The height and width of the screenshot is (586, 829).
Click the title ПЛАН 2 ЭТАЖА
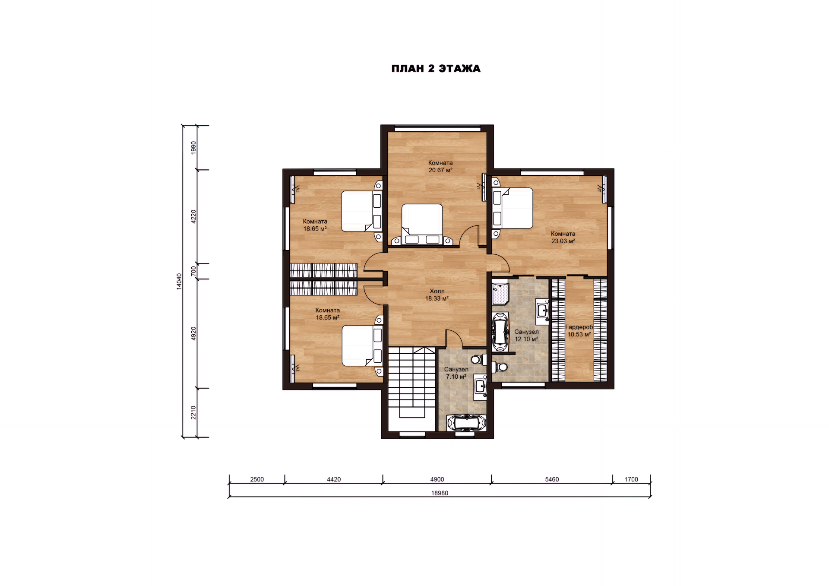[x=436, y=69]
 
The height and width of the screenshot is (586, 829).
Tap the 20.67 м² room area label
[x=440, y=170]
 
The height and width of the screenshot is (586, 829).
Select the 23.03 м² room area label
[x=563, y=241]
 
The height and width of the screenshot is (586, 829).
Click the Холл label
[x=437, y=291]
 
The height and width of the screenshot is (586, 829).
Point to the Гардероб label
[x=579, y=327]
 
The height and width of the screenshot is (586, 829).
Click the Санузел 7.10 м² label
[x=456, y=373]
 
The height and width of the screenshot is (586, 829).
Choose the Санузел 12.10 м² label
[x=526, y=336]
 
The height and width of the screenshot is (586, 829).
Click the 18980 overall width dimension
[x=440, y=493]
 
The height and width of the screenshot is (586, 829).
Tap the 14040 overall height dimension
[x=179, y=282]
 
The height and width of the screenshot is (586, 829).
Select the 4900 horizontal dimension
[x=437, y=479]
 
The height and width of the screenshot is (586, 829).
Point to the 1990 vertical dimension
[x=193, y=148]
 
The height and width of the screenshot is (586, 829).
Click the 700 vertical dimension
[x=193, y=271]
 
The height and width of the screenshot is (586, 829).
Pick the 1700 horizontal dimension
[x=631, y=479]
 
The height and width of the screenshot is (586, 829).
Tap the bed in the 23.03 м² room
[x=513, y=208]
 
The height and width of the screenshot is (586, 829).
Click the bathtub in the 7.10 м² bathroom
[x=466, y=423]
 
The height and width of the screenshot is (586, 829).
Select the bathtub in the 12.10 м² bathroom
[x=500, y=332]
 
